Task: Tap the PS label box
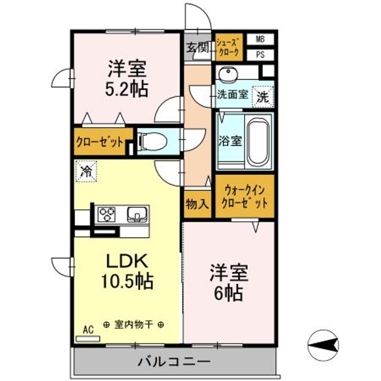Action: pos(260,54)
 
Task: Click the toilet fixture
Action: pos(154,141)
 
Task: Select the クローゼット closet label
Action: pos(100,142)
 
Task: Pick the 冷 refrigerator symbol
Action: pos(86,171)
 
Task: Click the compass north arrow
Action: pos(323,344)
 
